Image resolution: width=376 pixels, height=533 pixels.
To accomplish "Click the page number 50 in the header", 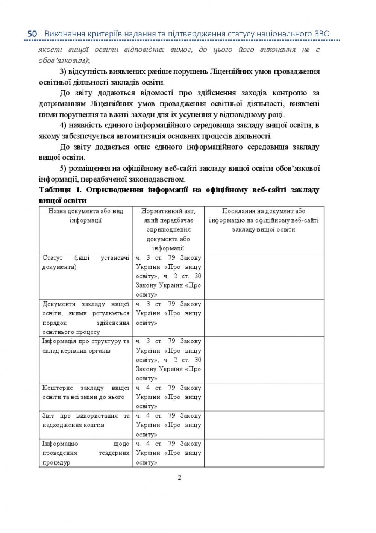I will click(32, 34).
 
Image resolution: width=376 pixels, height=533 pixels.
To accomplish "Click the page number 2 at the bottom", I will click(179, 478).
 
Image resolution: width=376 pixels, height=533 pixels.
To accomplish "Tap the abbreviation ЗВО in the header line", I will click(321, 34).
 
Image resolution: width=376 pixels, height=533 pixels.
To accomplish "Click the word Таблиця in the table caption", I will click(55, 190).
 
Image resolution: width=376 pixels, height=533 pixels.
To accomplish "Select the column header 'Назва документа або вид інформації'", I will click(86, 216).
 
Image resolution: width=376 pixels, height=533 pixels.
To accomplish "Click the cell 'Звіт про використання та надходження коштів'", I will click(86, 421).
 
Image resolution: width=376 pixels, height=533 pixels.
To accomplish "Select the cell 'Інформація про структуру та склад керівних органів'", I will click(86, 346).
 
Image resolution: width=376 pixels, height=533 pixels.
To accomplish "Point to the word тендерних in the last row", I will click(114, 453).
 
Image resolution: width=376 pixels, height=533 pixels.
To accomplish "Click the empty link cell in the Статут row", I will click(264, 276).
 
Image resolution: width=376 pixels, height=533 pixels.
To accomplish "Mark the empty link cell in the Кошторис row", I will click(264, 397).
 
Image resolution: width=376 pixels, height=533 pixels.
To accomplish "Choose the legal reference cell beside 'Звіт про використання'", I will click(168, 425).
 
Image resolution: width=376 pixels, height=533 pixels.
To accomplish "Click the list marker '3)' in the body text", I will click(63, 71).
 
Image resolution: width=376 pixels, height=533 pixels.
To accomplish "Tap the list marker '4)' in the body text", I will click(63, 126).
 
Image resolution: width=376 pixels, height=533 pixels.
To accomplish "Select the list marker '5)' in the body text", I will click(63, 168).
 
